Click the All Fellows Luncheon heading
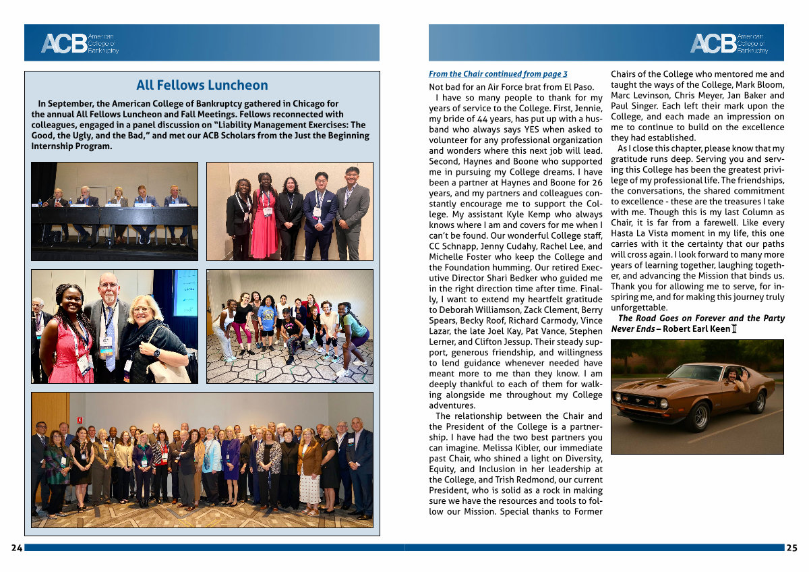202,86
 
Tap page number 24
16,548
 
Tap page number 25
791,548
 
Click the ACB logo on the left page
80,43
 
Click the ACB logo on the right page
729,43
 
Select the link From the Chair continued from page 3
498,74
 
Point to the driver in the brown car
736,378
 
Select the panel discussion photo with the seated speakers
115,210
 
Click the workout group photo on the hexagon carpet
289,326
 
